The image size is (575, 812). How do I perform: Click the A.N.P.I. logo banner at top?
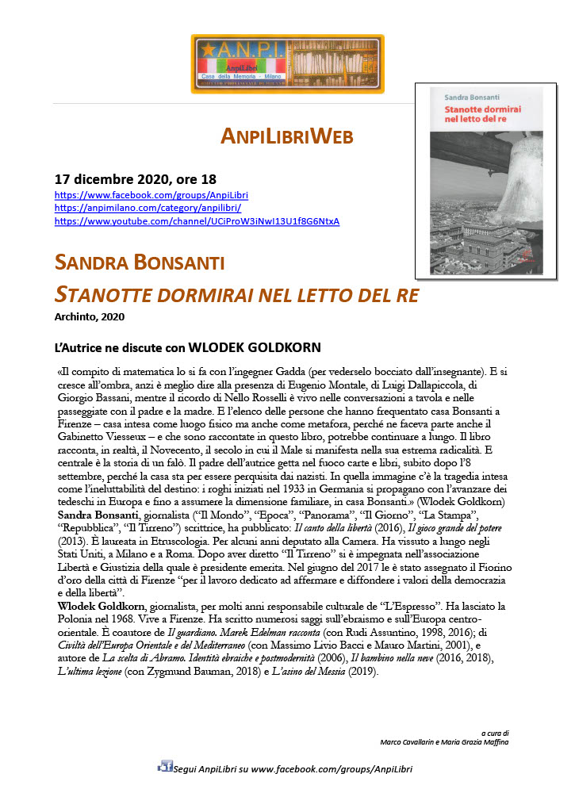pos(287,64)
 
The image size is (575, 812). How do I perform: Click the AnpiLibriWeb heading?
pos(286,136)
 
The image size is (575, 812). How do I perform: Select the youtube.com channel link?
pos(197,220)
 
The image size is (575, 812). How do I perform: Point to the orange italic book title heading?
pos(236,295)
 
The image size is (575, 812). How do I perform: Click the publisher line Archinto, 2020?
pos(90,316)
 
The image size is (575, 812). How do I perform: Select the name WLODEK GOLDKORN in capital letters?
pos(255,347)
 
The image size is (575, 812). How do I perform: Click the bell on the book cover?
pos(516,187)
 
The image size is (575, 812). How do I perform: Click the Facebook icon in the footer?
pos(165,766)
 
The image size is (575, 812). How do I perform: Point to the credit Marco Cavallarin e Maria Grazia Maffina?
pos(444,742)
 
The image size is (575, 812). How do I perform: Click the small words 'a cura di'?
pos(494,733)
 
